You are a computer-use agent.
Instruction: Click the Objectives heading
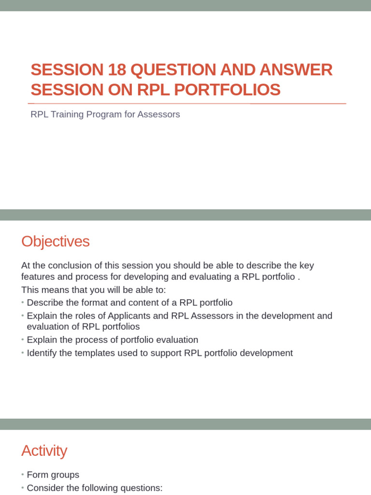click(x=56, y=241)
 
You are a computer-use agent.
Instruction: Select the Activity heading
click(x=44, y=451)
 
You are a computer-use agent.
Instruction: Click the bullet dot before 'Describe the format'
click(x=23, y=303)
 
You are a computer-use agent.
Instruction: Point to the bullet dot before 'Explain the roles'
click(x=23, y=316)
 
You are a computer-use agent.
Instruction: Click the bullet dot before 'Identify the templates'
click(x=23, y=353)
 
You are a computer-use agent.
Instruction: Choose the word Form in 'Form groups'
click(x=37, y=475)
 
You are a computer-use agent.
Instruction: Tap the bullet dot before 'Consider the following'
click(x=23, y=488)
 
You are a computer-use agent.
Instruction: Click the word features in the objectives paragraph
click(x=37, y=277)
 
